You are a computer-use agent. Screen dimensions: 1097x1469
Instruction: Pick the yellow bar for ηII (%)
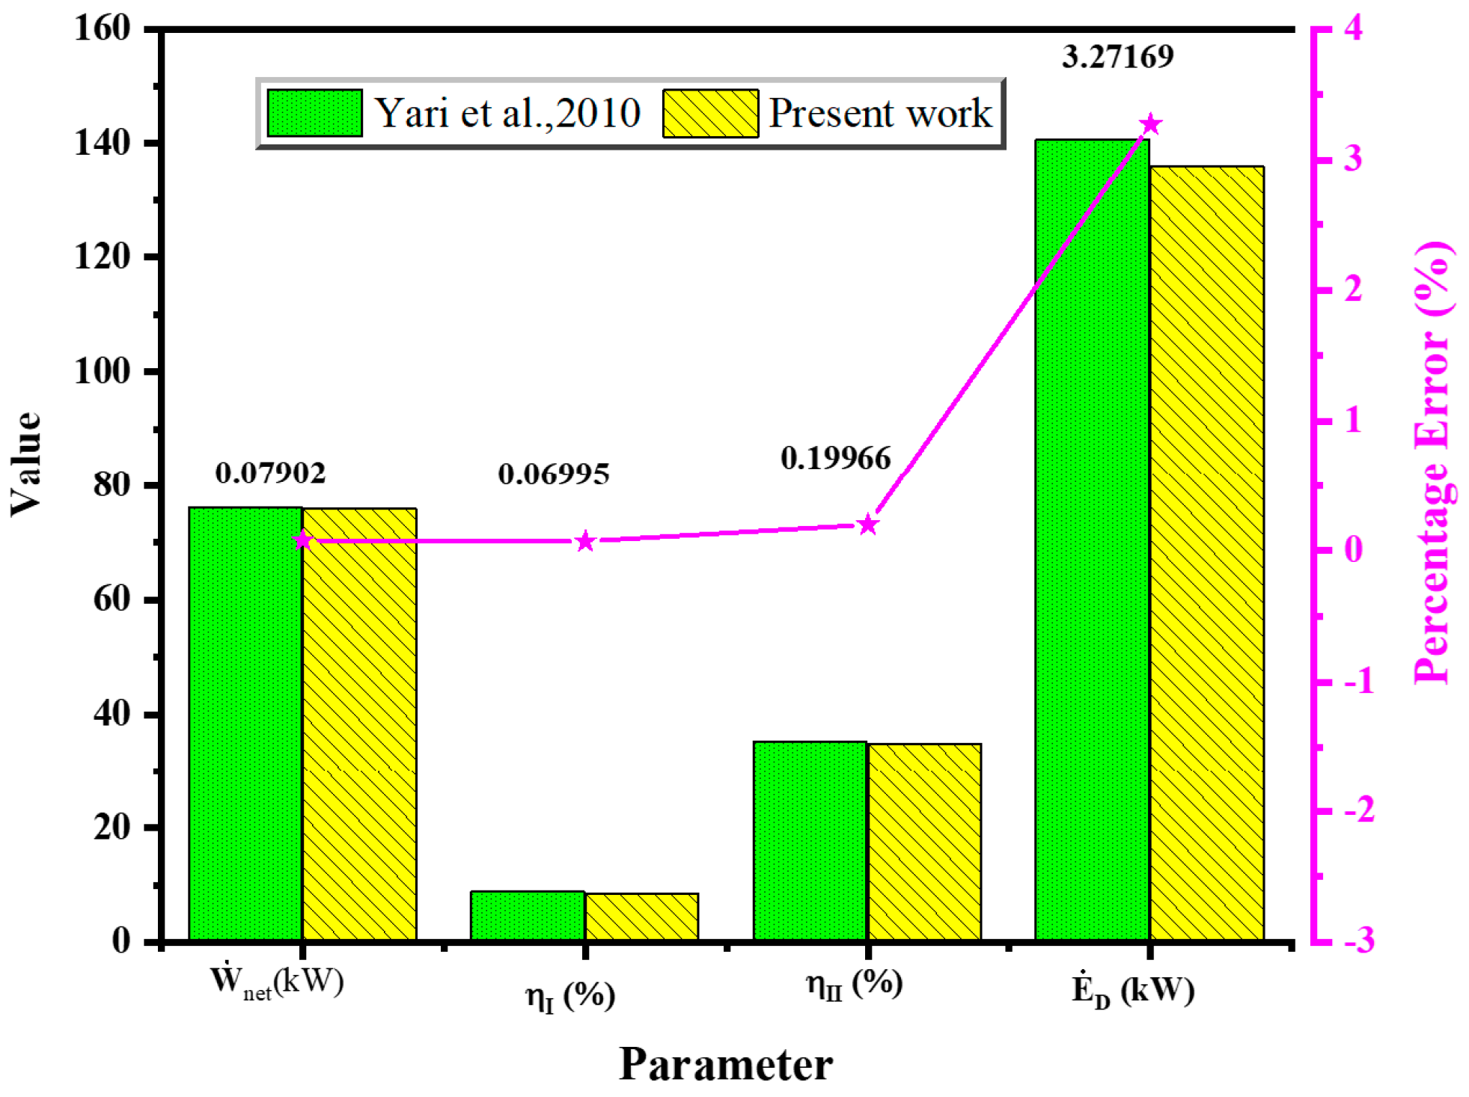[924, 841]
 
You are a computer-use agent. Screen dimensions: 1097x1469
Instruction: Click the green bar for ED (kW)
[1092, 539]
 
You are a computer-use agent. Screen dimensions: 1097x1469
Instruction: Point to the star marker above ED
[1150, 124]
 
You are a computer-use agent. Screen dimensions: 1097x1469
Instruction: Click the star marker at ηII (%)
[867, 525]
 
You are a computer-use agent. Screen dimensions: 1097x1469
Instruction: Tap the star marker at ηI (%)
[585, 541]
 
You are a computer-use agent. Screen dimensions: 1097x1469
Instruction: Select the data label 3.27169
[1117, 57]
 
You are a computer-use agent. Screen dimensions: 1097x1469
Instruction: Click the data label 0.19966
[835, 458]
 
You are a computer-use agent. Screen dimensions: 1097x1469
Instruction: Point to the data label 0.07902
[270, 473]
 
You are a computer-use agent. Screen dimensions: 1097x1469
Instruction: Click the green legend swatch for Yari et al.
[314, 113]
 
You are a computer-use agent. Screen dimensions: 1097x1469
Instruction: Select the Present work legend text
[880, 113]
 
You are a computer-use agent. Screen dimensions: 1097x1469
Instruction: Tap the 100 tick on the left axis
[102, 371]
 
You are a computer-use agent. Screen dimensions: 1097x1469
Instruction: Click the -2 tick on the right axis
[1359, 810]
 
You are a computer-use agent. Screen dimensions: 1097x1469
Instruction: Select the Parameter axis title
[725, 1064]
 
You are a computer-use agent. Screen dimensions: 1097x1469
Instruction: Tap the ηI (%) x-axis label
[570, 996]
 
